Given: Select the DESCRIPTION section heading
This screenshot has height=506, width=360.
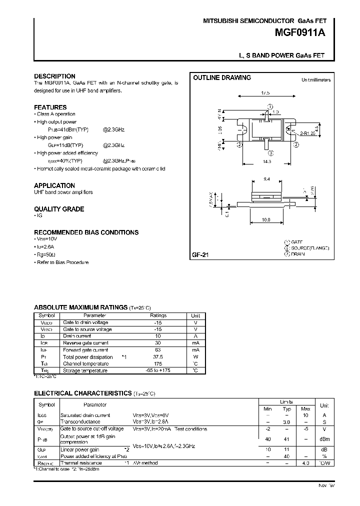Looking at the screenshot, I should [54, 76].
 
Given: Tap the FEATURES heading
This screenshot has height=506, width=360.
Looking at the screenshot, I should [50, 107].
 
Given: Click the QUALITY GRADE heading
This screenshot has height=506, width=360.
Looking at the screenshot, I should [59, 209].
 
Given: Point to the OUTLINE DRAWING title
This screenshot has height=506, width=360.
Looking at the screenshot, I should [222, 78].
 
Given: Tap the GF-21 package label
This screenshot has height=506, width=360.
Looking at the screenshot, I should [200, 255].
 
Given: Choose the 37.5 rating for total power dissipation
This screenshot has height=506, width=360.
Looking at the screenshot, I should [158, 357].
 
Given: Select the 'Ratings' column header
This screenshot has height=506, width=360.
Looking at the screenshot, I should [158, 315].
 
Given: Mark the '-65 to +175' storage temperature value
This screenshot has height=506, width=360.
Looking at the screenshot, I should [158, 370].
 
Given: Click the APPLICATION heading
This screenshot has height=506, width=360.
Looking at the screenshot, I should [54, 185].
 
